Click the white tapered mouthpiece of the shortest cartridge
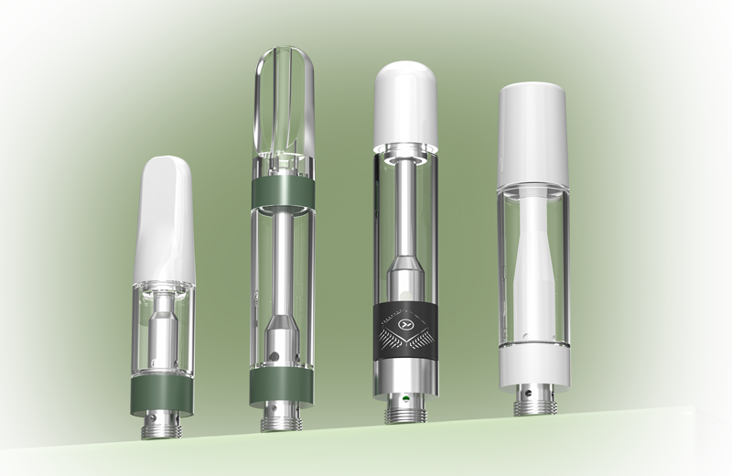point(165,220)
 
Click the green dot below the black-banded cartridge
point(402,400)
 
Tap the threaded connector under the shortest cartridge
point(164,426)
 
